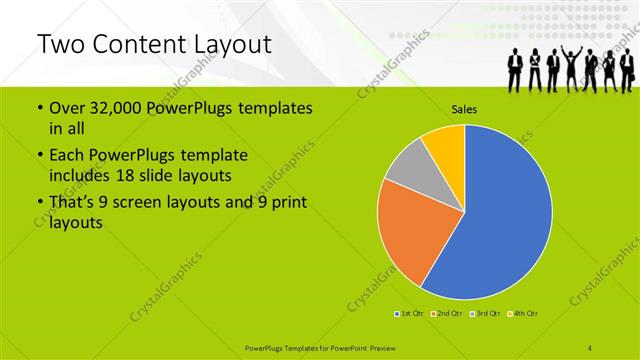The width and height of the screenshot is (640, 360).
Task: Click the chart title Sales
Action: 464,109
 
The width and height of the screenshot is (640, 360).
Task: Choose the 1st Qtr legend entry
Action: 409,314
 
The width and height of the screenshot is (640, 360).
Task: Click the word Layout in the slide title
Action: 229,45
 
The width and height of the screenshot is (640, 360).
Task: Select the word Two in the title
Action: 58,45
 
